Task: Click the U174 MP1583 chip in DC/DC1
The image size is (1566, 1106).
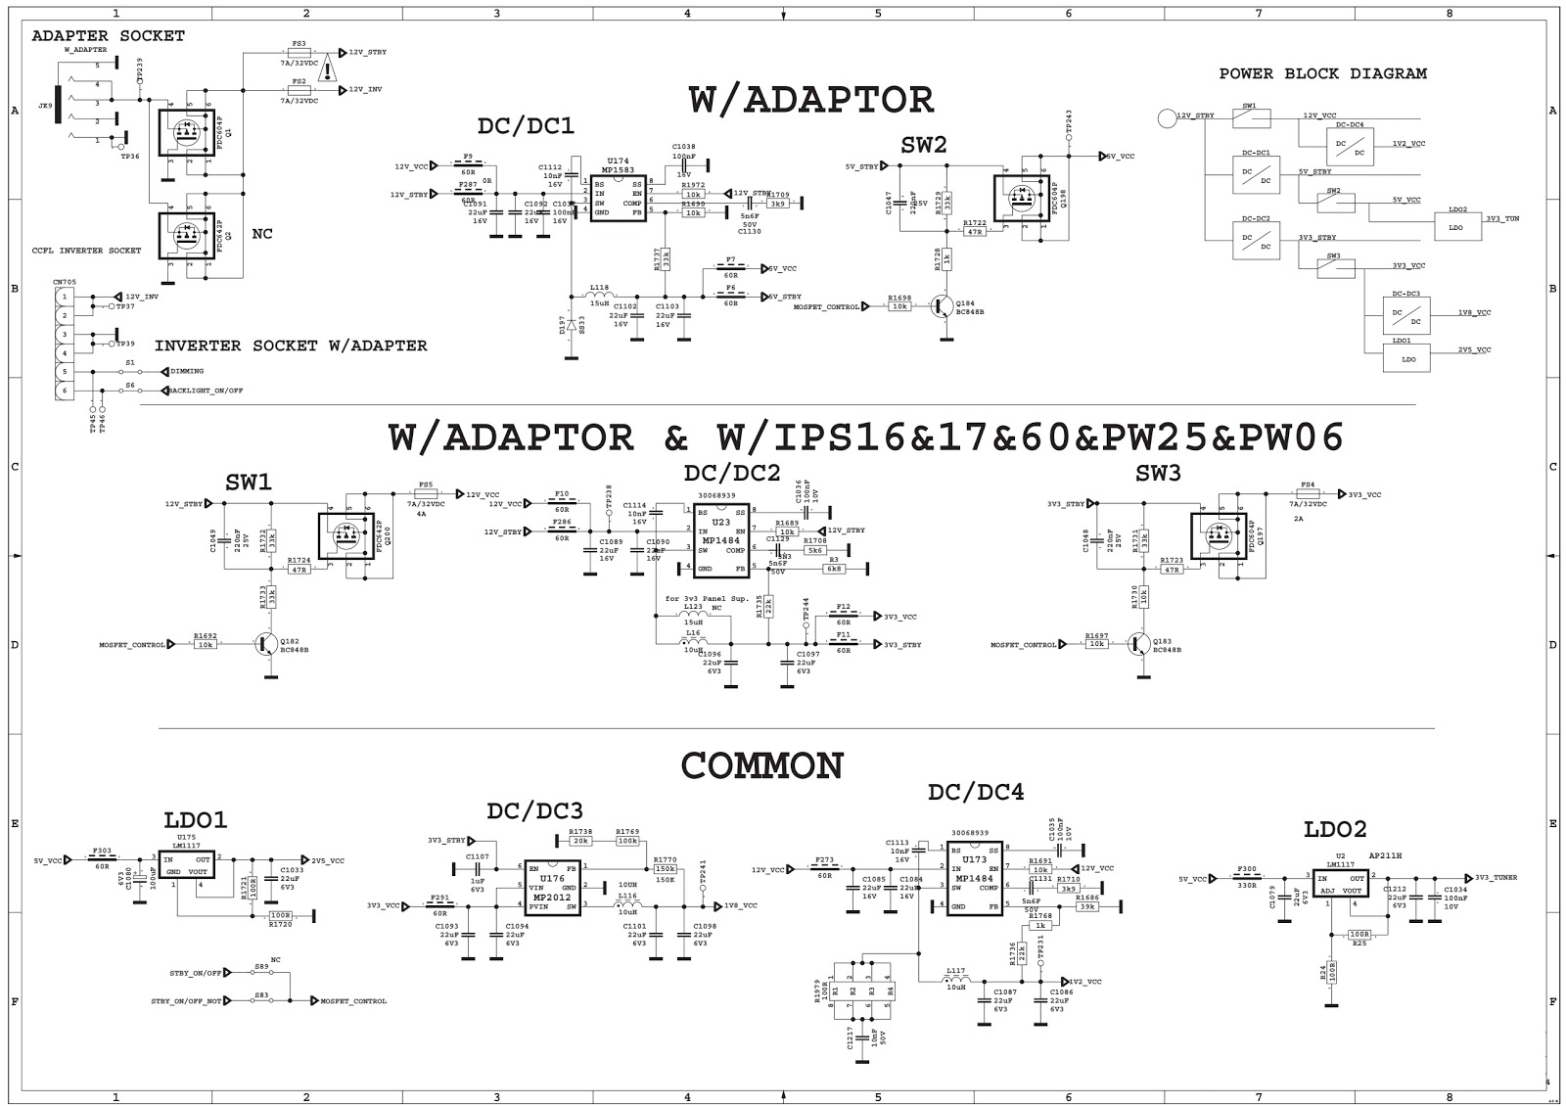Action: (618, 199)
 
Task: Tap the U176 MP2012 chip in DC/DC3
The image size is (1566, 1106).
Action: (552, 888)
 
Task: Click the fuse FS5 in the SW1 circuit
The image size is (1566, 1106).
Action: (426, 494)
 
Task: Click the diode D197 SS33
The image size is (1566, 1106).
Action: (572, 323)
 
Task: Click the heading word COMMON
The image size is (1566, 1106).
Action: (762, 765)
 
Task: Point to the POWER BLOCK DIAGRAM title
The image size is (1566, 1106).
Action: (1322, 73)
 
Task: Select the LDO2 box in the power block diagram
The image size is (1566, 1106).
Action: (1455, 227)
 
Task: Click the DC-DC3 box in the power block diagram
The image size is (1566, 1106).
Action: (1406, 313)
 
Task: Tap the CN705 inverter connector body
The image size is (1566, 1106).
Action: (64, 344)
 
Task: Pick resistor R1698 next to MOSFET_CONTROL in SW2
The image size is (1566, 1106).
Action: (899, 306)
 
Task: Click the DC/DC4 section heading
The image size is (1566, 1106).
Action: (975, 792)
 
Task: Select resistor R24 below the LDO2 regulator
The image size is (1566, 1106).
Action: (1331, 972)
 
